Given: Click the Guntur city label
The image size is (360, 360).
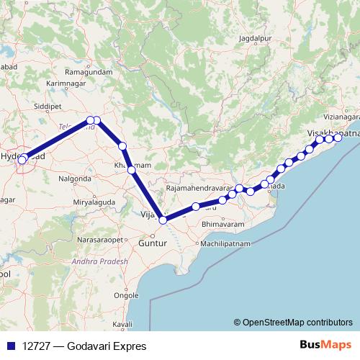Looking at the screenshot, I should [153, 244].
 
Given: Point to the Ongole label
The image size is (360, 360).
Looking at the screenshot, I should [127, 295].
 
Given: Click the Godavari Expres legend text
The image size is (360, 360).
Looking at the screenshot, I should [84, 346].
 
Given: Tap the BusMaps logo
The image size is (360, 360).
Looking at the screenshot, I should [328, 346].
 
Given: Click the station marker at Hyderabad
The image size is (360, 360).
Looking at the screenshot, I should [23, 159].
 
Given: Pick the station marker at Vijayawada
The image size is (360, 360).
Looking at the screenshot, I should [163, 220].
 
